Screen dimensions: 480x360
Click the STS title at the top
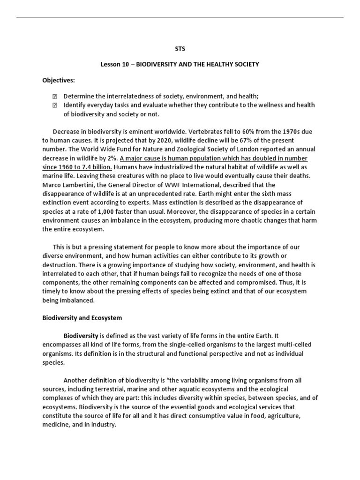(x=180, y=48)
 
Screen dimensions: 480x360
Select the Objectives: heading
(x=59, y=80)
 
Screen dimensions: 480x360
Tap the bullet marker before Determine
(x=54, y=96)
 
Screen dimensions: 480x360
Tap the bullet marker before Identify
(x=54, y=105)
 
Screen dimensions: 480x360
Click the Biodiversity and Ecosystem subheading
(x=82, y=318)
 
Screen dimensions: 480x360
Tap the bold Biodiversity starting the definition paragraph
(x=81, y=336)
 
